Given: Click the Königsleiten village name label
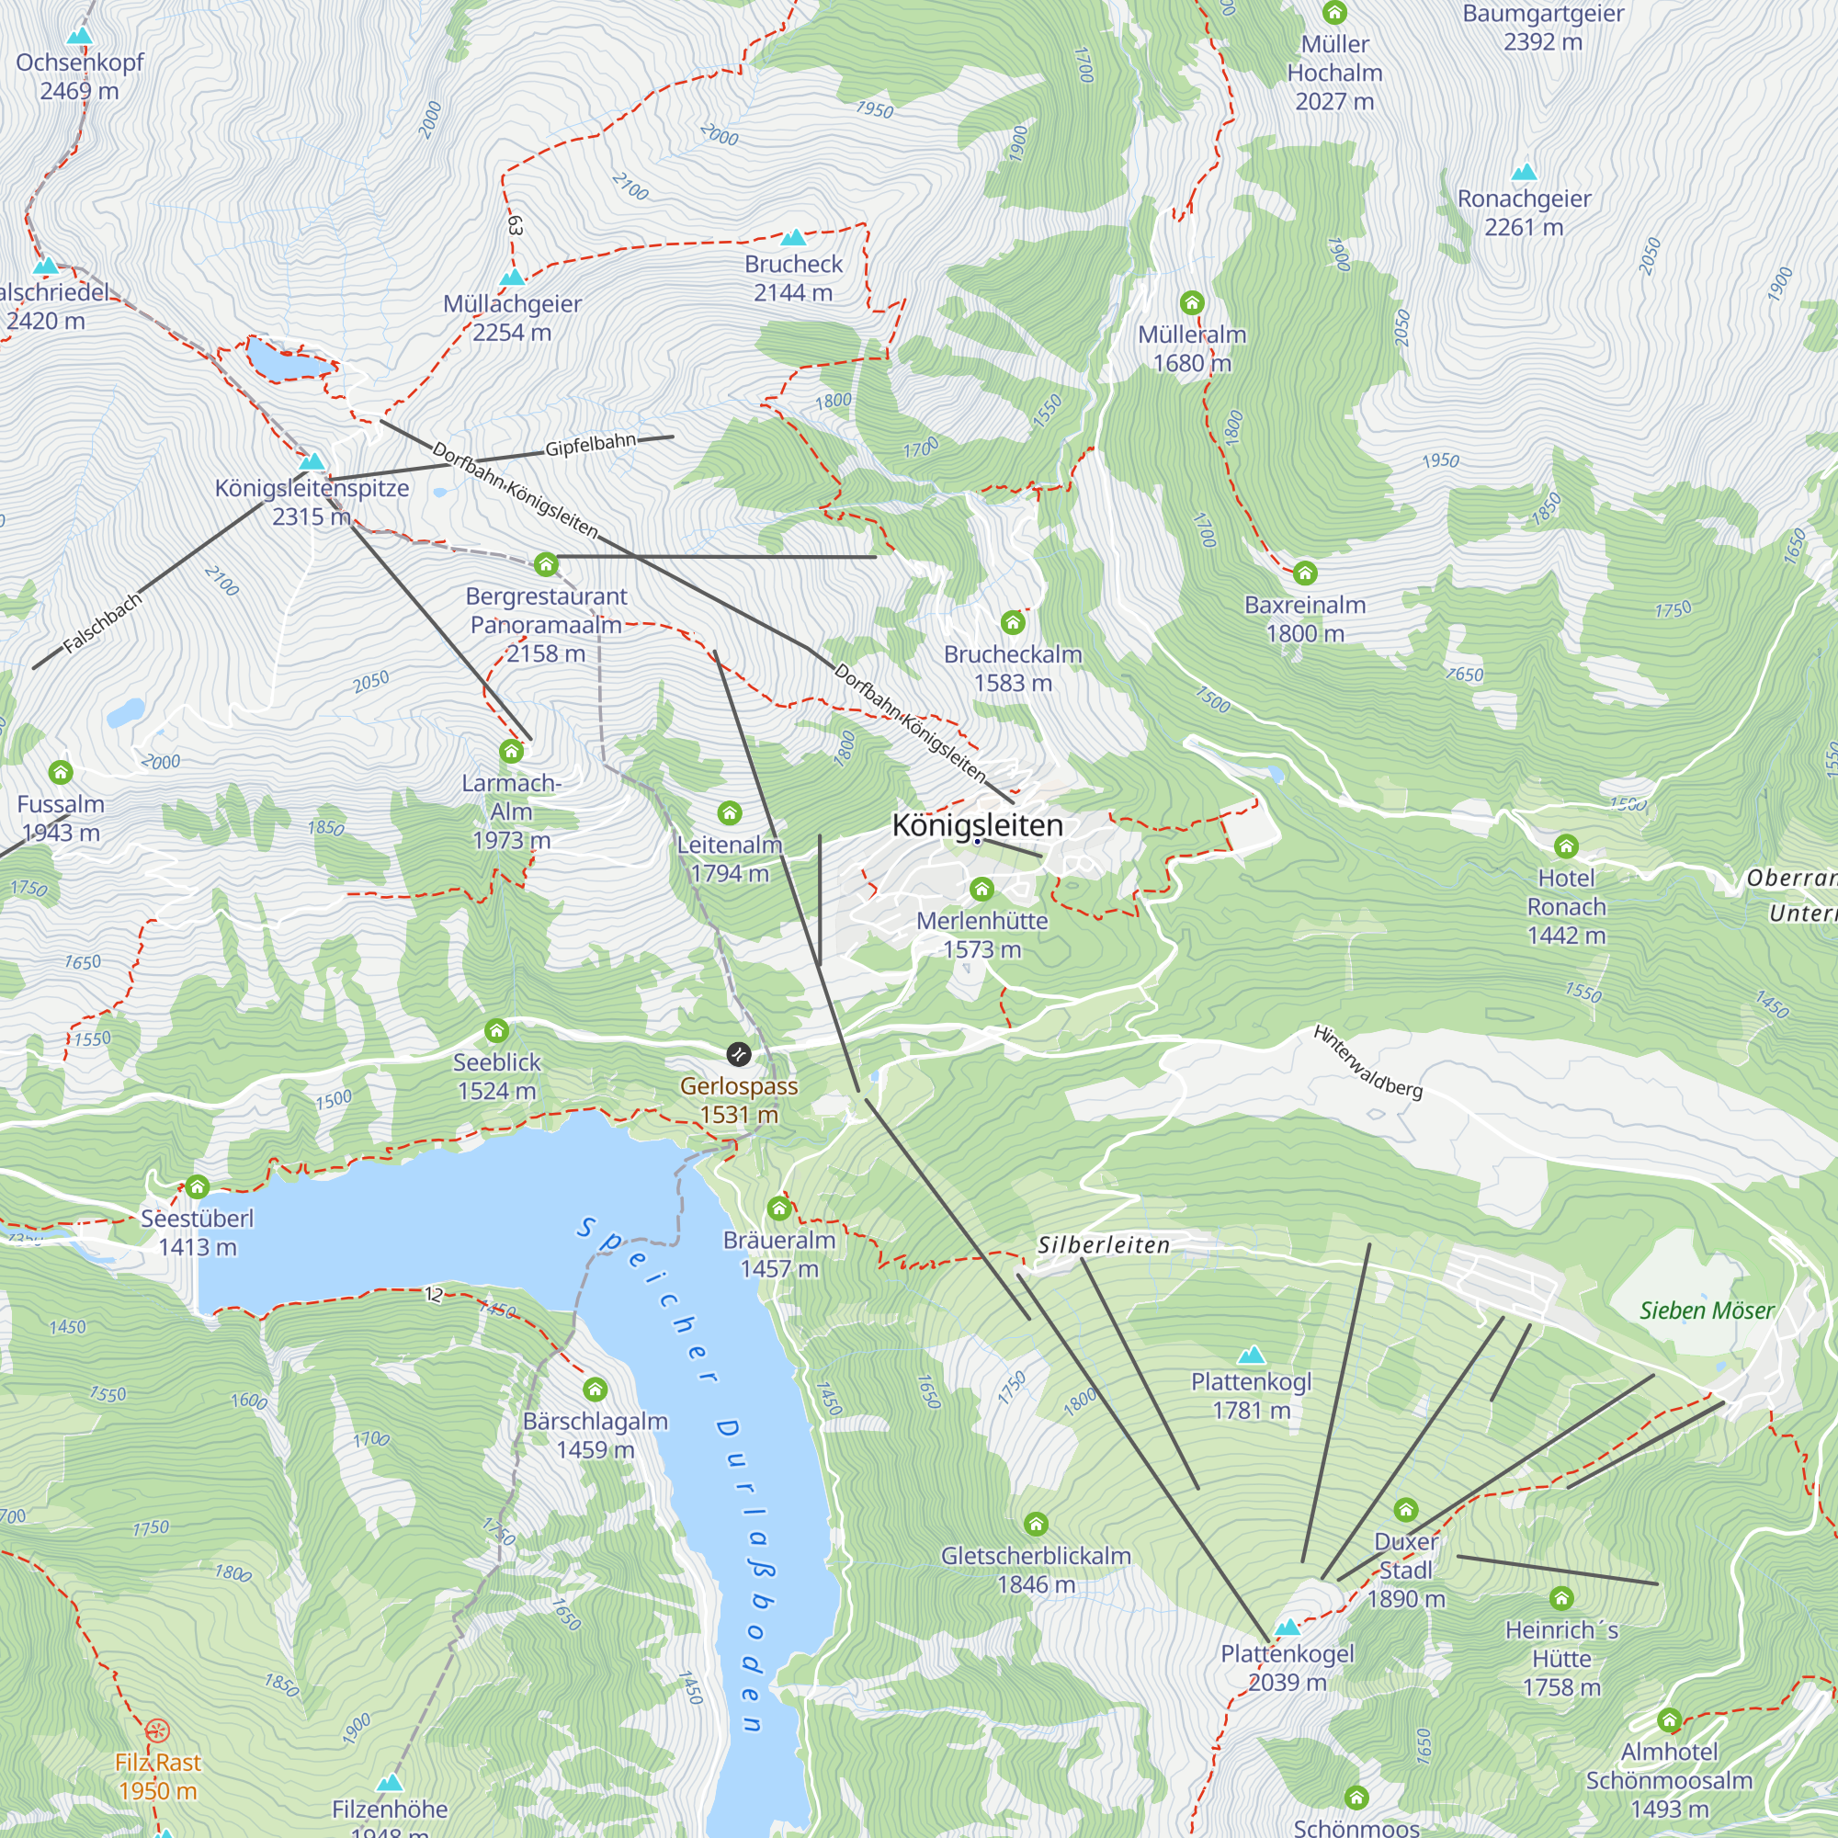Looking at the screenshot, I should tap(977, 825).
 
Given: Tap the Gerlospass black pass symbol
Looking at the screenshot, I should tap(738, 1054).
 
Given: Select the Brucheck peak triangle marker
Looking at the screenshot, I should tap(793, 238).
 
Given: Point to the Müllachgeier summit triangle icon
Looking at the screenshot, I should tap(513, 278).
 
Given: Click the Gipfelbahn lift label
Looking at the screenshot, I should tap(590, 444).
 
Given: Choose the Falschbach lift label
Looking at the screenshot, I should tap(103, 623).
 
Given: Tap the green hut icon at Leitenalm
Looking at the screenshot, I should tap(730, 813).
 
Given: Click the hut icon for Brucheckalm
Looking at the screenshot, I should tap(1012, 623).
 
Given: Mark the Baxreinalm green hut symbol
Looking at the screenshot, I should tap(1305, 573).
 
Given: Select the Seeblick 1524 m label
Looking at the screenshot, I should tap(496, 1076).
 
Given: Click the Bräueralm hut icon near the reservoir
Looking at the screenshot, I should tap(779, 1209).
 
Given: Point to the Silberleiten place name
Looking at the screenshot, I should tap(1104, 1245).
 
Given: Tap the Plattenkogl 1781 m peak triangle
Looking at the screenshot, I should tap(1252, 1355).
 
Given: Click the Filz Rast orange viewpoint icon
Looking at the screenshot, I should tap(158, 1730).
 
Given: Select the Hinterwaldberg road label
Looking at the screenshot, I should tap(1368, 1061).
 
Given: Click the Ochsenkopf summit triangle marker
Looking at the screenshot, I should tap(80, 36).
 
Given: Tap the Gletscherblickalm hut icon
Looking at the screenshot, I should tap(1036, 1525).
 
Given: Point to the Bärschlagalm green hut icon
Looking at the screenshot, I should tap(596, 1390).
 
